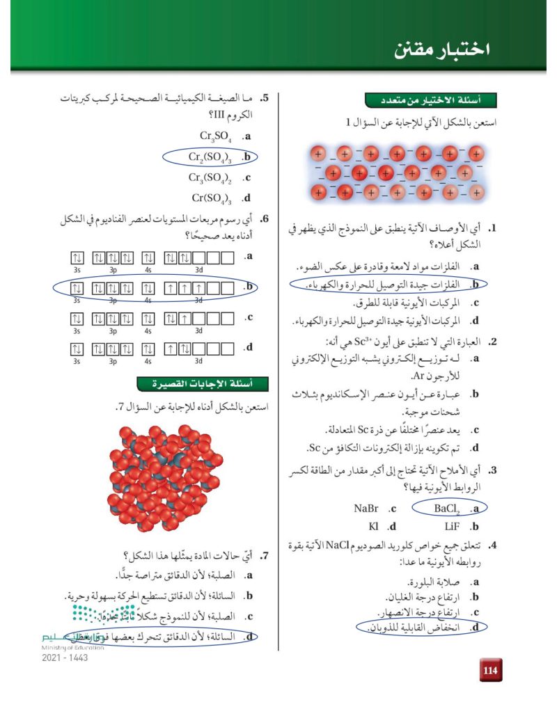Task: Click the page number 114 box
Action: click(x=490, y=670)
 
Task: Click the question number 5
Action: click(x=265, y=99)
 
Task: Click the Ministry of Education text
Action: click(x=73, y=647)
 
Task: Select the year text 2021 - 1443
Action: click(x=65, y=658)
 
